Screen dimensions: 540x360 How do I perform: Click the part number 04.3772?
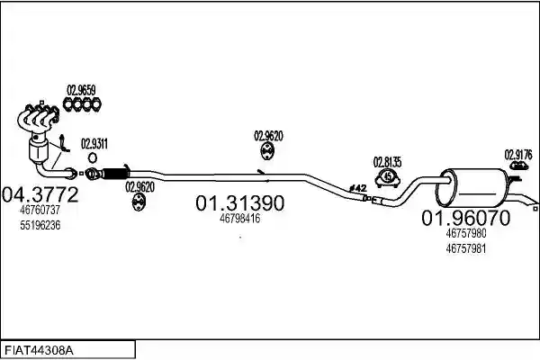tap(40, 194)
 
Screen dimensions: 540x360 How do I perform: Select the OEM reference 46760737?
tap(40, 210)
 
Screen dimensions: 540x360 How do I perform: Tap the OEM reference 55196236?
tap(40, 225)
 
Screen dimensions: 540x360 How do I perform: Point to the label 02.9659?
tap(81, 90)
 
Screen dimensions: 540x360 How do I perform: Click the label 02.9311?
tap(94, 144)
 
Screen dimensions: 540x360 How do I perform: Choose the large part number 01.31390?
tap(240, 202)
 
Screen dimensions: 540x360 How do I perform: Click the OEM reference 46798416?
tap(239, 219)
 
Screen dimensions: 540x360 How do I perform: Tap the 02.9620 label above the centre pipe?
tap(268, 136)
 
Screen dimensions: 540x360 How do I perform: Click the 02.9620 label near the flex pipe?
tap(139, 187)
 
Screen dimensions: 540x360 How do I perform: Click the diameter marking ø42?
tap(357, 188)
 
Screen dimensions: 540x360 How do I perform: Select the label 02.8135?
tap(387, 162)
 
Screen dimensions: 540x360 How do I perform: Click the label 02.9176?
tap(518, 155)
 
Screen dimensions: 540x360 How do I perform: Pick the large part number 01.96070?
tap(466, 218)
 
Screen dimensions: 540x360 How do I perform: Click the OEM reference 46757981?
tap(466, 248)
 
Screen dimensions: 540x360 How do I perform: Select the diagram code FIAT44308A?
tap(39, 351)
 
